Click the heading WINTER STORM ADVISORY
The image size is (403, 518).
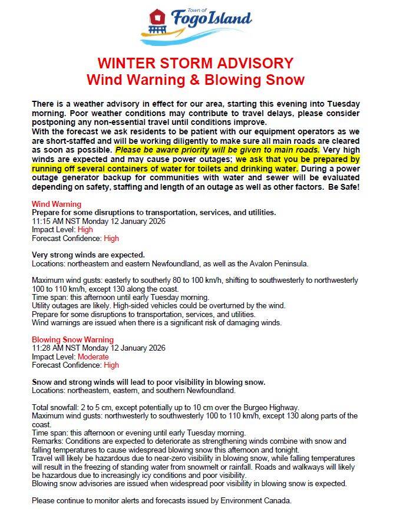tap(195, 63)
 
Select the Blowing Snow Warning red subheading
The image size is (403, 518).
tap(72, 340)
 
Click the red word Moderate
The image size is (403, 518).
tap(93, 357)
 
